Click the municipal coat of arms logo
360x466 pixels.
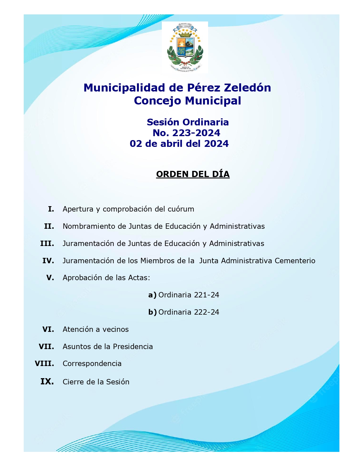tap(185, 47)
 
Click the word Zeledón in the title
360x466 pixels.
tap(247, 88)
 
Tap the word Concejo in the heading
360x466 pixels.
tap(157, 101)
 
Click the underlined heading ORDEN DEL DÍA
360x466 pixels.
tap(193, 174)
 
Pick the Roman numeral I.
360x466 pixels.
tap(51, 209)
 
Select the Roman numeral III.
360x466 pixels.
tap(47, 244)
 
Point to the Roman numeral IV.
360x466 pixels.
tap(48, 261)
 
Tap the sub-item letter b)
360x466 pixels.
tap(152, 312)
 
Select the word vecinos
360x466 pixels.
tap(115, 330)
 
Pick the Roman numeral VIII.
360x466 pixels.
tap(44, 363)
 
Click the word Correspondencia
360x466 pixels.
tap(92, 364)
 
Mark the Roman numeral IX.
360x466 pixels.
tap(47, 382)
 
